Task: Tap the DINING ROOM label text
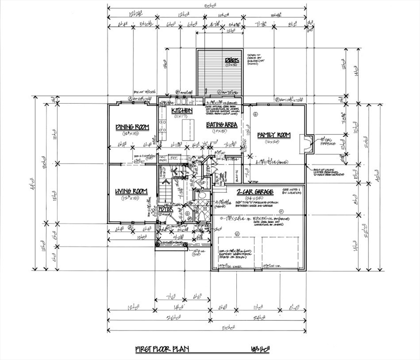(x=132, y=127)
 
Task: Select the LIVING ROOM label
(x=132, y=191)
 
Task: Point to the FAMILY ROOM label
(x=274, y=135)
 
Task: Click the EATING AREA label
(x=222, y=125)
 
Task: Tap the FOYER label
(x=166, y=208)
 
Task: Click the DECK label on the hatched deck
(x=232, y=60)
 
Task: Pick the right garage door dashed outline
(x=280, y=253)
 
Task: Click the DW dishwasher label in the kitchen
(x=191, y=102)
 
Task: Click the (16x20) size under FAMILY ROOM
(x=272, y=141)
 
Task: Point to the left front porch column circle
(x=158, y=244)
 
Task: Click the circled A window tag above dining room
(x=130, y=99)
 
